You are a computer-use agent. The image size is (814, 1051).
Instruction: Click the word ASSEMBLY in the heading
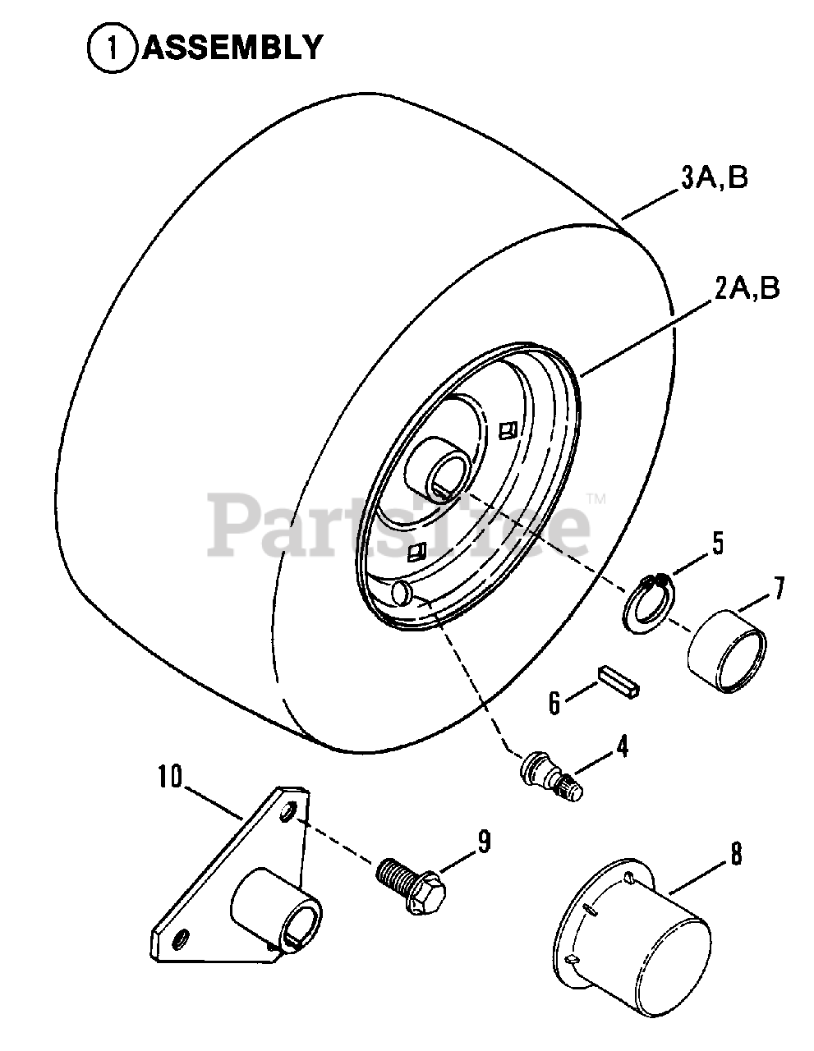coord(232,47)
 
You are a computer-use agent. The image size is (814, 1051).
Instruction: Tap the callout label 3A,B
coord(713,178)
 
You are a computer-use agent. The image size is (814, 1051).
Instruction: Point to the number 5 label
coord(717,544)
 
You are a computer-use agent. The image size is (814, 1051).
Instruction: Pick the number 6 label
coord(554,702)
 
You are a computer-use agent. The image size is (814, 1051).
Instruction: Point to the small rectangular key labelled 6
coord(621,683)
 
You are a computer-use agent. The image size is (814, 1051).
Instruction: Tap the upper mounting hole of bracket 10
coord(287,813)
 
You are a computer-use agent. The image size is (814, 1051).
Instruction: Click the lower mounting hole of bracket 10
coord(182,936)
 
